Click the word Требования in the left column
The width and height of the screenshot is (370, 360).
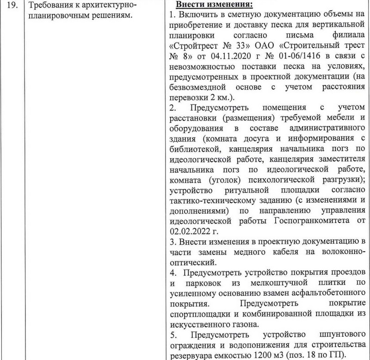coord(50,6)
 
